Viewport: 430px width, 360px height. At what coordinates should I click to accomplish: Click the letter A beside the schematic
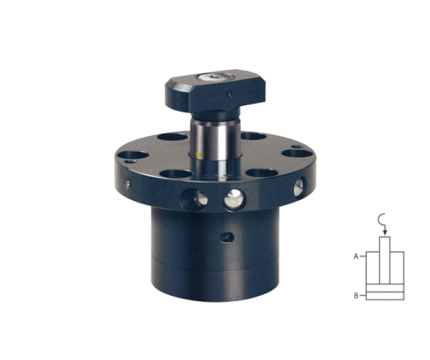(356, 256)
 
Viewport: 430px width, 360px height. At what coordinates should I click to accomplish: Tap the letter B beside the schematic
(356, 296)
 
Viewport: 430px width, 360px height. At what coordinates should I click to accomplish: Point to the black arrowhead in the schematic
(385, 233)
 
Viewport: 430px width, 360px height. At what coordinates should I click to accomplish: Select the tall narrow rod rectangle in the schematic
(384, 260)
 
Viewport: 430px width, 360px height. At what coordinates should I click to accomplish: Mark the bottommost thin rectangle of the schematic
(385, 296)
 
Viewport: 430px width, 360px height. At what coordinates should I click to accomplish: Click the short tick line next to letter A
(362, 256)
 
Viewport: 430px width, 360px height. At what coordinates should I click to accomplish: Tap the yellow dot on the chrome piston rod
(199, 155)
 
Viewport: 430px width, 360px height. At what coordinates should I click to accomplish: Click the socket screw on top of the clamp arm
(216, 76)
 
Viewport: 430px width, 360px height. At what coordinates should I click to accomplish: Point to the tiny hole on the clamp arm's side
(230, 94)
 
